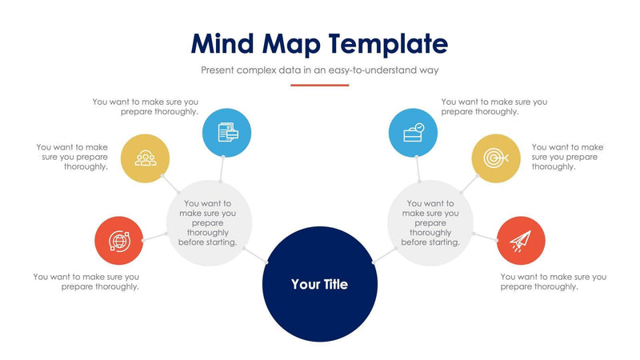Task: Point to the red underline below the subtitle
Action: (x=320, y=85)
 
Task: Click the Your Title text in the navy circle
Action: (x=319, y=284)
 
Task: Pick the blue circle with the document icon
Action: (x=226, y=132)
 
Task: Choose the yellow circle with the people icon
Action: (x=145, y=158)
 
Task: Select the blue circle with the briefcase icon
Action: (x=413, y=132)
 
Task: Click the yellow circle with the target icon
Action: (x=495, y=158)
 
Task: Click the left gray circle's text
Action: (x=208, y=222)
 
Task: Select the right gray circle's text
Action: (x=430, y=222)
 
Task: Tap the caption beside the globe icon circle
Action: (x=86, y=282)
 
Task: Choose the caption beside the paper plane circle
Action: (x=553, y=282)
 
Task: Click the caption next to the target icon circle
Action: (x=567, y=157)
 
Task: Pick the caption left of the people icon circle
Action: (x=72, y=157)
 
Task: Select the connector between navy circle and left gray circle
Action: (x=255, y=255)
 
